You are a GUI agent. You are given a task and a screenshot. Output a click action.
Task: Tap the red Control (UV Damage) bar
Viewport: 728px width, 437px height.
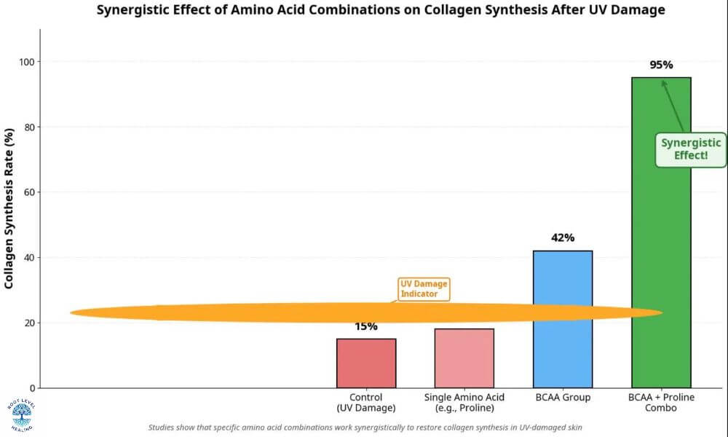(366, 364)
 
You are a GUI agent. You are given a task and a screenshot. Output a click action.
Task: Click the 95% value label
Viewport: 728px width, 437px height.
(661, 65)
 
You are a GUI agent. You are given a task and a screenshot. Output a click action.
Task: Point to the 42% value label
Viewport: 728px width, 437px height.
(563, 237)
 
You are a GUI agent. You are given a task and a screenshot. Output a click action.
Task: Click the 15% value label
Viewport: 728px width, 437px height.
(366, 327)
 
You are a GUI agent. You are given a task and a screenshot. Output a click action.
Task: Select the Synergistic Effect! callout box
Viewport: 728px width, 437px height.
(690, 149)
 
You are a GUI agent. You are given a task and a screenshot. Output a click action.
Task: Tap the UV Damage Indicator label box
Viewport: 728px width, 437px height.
(424, 288)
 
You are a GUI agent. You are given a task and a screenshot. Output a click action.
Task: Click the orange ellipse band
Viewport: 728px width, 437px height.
(218, 313)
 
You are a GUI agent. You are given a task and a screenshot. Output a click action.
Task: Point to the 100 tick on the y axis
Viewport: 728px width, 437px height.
(29, 62)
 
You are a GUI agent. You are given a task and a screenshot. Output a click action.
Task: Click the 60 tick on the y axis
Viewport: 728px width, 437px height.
(29, 192)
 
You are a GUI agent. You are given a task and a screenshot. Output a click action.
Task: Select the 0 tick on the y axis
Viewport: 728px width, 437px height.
(32, 387)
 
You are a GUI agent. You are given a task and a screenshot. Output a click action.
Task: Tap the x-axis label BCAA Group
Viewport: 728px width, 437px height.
(563, 398)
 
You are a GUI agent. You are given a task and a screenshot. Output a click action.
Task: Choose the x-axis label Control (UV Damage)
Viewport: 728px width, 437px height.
(366, 403)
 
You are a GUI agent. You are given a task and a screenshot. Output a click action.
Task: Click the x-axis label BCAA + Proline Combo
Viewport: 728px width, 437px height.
(661, 403)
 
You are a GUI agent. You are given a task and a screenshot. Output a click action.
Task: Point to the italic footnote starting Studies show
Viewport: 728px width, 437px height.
(364, 428)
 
